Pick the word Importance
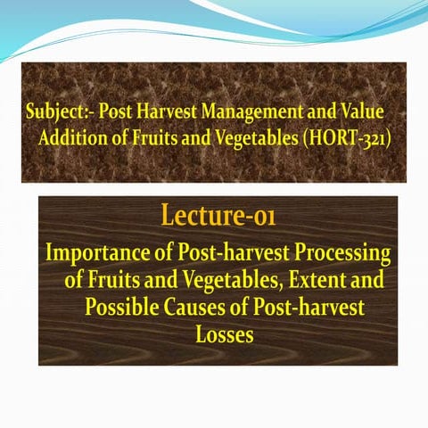tap(95, 254)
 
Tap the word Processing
tap(342, 254)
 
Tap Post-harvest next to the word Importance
tap(227, 254)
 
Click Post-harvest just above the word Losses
tap(308, 308)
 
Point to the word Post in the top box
tap(114, 114)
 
